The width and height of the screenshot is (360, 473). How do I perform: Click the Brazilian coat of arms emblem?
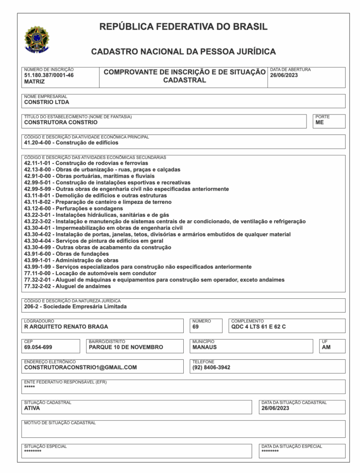pos(37,39)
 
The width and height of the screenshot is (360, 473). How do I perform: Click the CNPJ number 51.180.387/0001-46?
pos(48,75)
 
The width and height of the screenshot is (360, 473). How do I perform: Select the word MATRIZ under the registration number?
pos(34,81)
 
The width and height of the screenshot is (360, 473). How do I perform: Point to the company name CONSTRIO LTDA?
pos(46,102)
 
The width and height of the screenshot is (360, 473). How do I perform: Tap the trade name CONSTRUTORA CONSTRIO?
pos(60,122)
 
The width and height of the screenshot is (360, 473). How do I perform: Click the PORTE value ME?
pos(319,122)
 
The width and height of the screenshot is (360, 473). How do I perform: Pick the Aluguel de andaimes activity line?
pos(67,286)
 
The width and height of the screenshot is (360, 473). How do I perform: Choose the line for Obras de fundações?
pos(66,254)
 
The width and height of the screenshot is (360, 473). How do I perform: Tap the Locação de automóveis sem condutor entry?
pos(87,273)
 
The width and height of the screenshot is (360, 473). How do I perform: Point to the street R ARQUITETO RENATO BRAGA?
pos(66,327)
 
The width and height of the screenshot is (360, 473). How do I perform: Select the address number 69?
pos(196,327)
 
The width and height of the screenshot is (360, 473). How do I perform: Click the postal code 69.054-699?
pos(38,347)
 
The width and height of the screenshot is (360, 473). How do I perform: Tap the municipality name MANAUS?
pos(204,347)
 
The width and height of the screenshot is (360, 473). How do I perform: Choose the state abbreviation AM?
pos(326,347)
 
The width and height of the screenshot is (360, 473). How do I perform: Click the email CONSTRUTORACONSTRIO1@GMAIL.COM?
pos(80,367)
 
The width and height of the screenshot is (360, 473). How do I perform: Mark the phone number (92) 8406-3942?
pos(211,367)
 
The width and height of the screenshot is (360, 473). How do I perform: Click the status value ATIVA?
pos(32,408)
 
